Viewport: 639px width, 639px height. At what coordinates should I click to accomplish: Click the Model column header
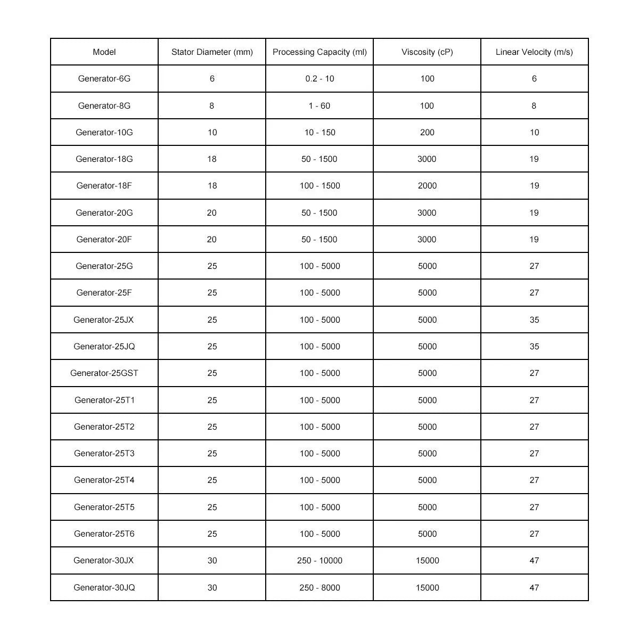104,52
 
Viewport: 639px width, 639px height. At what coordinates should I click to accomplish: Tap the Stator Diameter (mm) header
212,52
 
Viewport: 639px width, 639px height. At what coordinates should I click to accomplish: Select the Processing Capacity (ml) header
319,52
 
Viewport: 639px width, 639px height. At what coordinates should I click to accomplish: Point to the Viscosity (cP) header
427,52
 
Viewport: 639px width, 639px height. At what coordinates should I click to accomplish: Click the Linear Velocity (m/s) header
534,52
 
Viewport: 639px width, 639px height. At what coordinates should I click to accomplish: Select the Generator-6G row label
104,79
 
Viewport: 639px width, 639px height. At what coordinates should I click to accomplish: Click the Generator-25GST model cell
104,373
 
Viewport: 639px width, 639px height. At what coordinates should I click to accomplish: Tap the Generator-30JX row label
104,560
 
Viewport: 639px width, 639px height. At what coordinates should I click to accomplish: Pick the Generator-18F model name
104,186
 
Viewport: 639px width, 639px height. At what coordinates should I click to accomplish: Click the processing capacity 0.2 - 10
319,79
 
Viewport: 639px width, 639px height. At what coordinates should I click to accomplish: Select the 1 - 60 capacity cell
319,106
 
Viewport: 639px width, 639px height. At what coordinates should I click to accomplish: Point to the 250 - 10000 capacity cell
319,560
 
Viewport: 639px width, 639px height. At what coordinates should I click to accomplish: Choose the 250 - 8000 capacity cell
319,587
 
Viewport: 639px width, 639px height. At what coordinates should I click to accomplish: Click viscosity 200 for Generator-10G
427,133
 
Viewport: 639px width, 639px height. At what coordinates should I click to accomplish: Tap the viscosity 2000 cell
427,186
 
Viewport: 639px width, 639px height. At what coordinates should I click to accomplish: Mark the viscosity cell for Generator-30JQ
427,587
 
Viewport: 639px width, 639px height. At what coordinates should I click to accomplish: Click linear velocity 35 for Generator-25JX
534,320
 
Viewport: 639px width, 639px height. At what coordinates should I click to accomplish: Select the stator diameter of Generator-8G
212,106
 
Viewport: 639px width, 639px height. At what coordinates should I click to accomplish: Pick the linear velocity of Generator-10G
534,133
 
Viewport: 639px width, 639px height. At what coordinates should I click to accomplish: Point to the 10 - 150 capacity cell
319,133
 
